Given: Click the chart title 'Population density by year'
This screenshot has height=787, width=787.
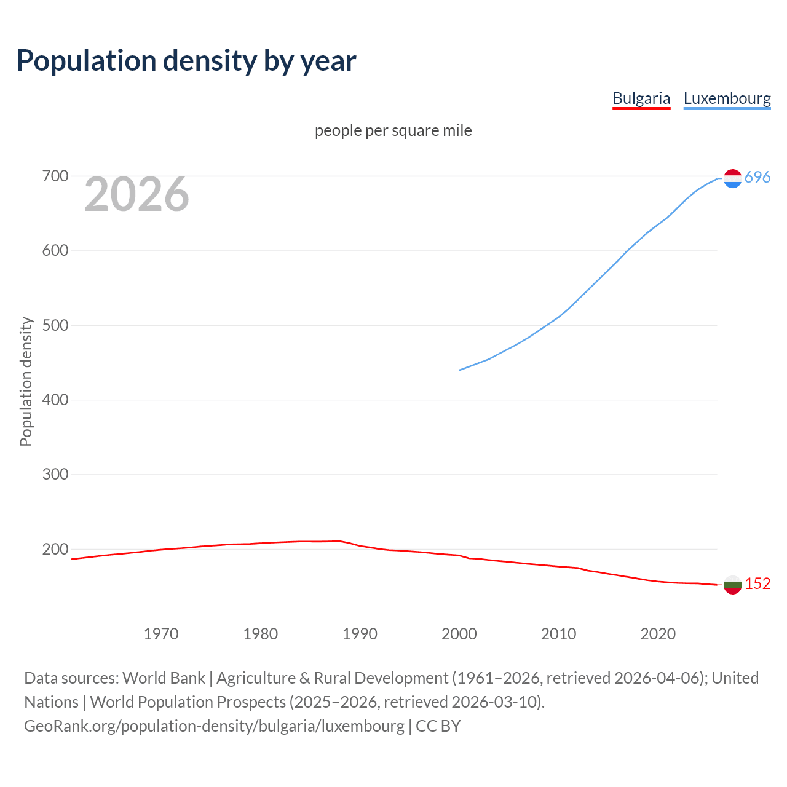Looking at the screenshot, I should (x=186, y=61).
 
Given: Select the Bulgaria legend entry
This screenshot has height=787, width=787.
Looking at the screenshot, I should (x=641, y=98).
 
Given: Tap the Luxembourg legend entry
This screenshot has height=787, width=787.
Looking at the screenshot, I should (x=727, y=98).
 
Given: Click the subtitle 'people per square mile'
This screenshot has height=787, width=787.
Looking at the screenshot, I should (x=393, y=130).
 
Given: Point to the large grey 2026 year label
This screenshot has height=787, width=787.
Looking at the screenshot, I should (x=136, y=194).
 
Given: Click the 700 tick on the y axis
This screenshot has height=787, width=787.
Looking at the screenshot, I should (x=55, y=176).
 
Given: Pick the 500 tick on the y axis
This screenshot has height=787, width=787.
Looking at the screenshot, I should (x=55, y=325).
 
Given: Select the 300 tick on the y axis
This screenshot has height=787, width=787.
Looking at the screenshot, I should (x=55, y=475).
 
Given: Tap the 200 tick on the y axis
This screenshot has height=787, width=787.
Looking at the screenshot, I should (x=55, y=549).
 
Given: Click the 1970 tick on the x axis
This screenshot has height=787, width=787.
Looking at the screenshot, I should (x=161, y=634).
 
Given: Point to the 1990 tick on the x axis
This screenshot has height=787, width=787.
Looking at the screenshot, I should (x=360, y=634).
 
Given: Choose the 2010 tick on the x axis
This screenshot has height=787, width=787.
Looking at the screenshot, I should (x=558, y=634).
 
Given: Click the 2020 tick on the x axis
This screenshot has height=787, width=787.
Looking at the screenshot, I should (x=658, y=634).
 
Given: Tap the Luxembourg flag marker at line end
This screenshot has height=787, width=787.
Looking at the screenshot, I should (x=732, y=178).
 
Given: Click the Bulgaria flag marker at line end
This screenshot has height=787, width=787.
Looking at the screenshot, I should (x=732, y=585).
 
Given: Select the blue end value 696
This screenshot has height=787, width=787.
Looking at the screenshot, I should (x=757, y=178).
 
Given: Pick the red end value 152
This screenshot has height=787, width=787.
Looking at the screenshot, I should (x=757, y=584).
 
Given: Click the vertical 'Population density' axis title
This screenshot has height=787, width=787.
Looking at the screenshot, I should (x=26, y=381).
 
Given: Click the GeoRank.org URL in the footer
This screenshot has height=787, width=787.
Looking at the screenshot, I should (x=214, y=726).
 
